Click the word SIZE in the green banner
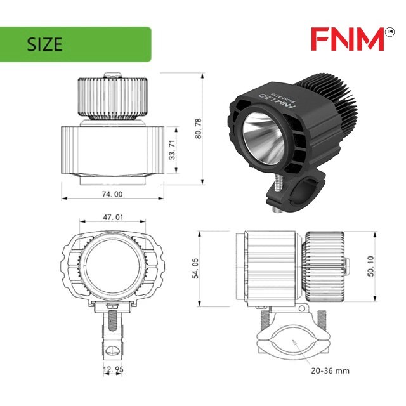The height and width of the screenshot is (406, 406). pyautogui.click(x=44, y=44)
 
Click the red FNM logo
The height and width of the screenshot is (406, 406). pyautogui.click(x=348, y=39)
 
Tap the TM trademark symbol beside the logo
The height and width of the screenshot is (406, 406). pyautogui.click(x=390, y=32)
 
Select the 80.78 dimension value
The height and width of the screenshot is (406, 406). pyautogui.click(x=198, y=128)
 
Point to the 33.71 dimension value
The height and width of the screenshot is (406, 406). pyautogui.click(x=172, y=150)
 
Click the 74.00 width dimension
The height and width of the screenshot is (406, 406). pyautogui.click(x=112, y=194)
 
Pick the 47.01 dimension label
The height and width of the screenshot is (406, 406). pyautogui.click(x=113, y=217)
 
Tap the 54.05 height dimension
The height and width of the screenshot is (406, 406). pyautogui.click(x=195, y=268)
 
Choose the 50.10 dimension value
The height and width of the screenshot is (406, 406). pyautogui.click(x=370, y=266)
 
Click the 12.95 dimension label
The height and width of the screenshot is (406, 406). pyautogui.click(x=113, y=370)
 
